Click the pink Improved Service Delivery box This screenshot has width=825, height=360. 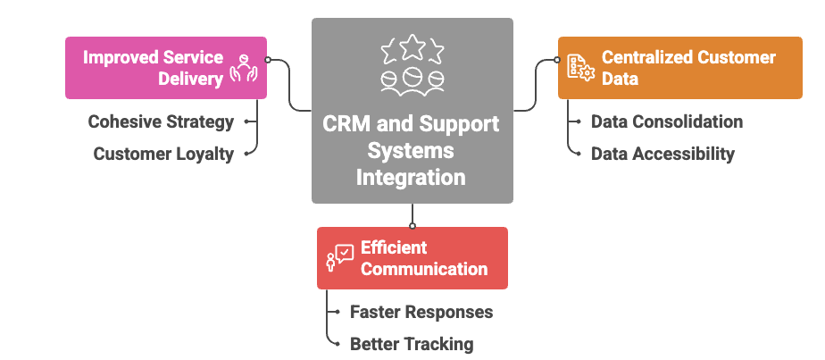click(x=165, y=67)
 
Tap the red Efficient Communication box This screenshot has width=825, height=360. click(x=412, y=258)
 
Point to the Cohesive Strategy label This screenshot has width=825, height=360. click(x=161, y=121)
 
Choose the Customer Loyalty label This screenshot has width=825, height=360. click(x=163, y=154)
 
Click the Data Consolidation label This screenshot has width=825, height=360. click(x=667, y=121)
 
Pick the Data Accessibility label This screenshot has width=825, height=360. click(x=662, y=154)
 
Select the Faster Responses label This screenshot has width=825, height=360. click(x=421, y=312)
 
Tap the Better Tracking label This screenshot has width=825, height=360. click(x=412, y=344)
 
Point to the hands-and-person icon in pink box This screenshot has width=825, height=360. click(x=244, y=69)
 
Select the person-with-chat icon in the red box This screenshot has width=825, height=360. click(x=340, y=258)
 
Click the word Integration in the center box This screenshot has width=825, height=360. click(x=411, y=177)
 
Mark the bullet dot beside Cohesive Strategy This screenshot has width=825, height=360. click(x=246, y=121)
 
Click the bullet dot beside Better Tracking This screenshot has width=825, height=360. click(x=337, y=344)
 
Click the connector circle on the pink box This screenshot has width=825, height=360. click(x=268, y=61)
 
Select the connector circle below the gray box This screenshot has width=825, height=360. click(x=412, y=225)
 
